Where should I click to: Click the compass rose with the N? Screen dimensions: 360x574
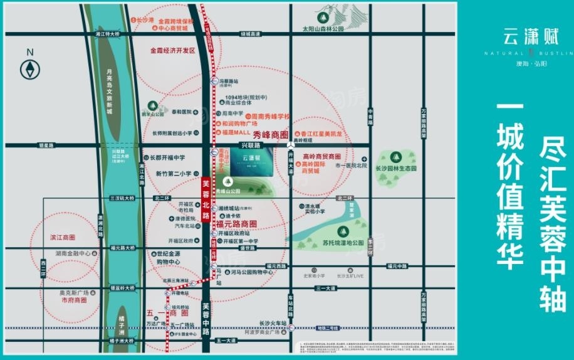(29, 68)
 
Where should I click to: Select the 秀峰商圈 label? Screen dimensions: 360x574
(270, 135)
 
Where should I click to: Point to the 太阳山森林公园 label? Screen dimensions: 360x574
(323, 29)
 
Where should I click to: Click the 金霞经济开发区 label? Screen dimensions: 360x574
(172, 50)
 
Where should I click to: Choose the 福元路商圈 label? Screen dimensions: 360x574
(236, 224)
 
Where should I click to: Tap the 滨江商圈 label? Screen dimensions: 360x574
(62, 238)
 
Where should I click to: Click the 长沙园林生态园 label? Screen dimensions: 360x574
(396, 169)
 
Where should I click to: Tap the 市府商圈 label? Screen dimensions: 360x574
(74, 300)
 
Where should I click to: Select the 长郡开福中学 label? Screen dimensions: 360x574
(167, 158)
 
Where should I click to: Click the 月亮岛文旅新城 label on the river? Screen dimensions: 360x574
(108, 93)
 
